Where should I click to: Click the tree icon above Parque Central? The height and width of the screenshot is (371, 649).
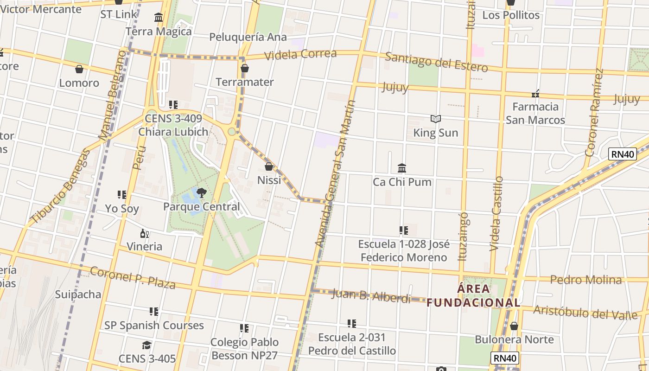click(201, 192)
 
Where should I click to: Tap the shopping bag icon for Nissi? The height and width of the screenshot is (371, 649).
click(269, 166)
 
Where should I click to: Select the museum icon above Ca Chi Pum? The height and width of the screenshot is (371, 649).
click(402, 168)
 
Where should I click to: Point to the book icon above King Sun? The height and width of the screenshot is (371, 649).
click(435, 119)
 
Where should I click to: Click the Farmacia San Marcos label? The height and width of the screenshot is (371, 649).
click(535, 113)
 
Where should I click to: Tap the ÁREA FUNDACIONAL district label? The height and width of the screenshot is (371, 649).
click(473, 296)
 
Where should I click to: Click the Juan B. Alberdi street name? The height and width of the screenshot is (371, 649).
click(371, 295)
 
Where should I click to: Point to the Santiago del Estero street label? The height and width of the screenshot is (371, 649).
click(436, 63)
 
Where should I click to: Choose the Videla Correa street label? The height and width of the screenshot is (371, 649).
click(300, 54)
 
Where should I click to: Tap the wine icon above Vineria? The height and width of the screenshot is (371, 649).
click(145, 233)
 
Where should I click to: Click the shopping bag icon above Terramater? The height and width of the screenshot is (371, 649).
click(245, 69)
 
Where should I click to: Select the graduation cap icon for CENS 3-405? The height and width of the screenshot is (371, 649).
click(147, 345)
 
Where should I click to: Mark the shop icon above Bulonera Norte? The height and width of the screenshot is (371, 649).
click(514, 326)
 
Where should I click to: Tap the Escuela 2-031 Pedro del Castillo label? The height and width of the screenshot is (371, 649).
click(352, 344)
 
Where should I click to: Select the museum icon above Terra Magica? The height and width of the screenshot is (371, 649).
click(159, 18)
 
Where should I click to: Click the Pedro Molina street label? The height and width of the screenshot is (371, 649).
click(586, 280)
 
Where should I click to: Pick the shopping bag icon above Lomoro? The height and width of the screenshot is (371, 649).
click(79, 69)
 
